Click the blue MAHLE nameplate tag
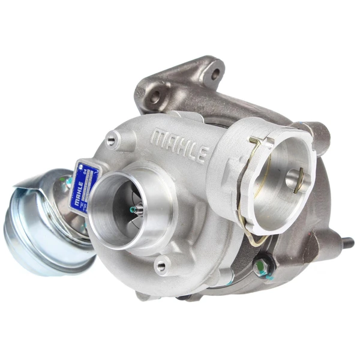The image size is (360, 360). point(82,186)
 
